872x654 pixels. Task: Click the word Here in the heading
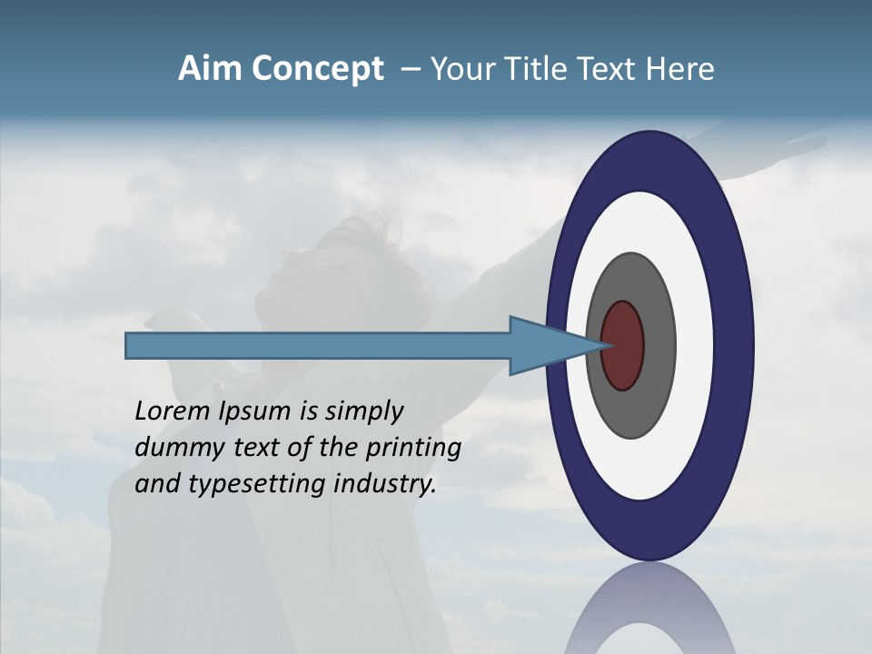(x=680, y=69)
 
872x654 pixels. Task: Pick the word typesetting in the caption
(x=258, y=485)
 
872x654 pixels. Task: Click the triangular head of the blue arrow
(x=545, y=346)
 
